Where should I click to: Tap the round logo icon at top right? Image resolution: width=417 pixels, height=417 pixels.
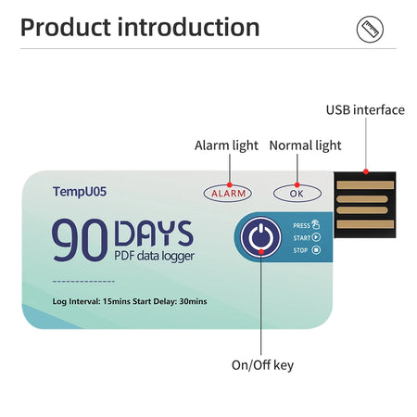tap(371, 30)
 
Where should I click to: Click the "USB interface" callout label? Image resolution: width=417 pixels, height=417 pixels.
tap(364, 110)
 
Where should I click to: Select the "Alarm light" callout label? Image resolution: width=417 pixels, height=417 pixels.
tap(226, 145)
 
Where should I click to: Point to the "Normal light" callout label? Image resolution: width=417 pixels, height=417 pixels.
tap(305, 145)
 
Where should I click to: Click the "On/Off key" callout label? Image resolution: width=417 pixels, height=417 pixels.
tap(262, 364)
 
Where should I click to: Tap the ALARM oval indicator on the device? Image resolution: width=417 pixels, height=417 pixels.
tap(228, 193)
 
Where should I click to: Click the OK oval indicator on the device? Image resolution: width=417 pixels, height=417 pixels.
tap(297, 193)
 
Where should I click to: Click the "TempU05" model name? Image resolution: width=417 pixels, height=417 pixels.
tap(80, 193)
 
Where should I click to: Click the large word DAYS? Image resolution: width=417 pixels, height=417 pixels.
tap(153, 232)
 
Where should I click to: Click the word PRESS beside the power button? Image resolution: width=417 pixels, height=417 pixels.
tap(301, 225)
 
